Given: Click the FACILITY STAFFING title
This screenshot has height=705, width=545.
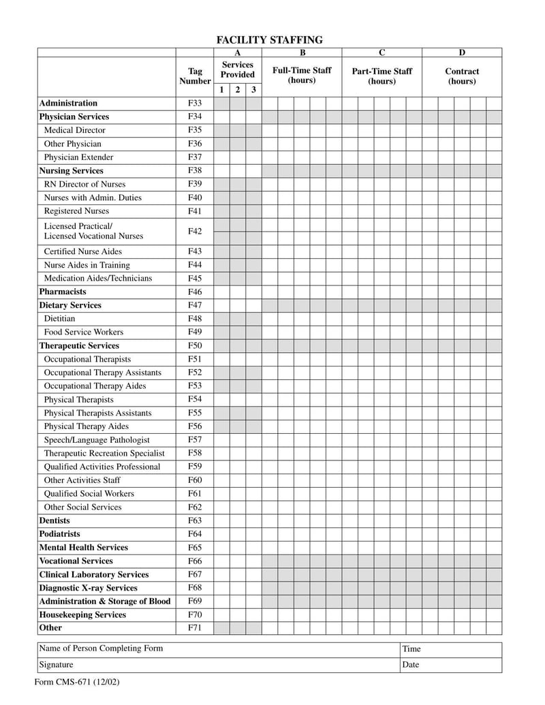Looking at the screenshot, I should pyautogui.click(x=269, y=40).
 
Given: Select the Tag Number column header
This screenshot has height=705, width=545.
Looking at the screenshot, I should pyautogui.click(x=195, y=76).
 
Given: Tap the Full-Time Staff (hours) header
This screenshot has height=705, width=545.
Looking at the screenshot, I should pyautogui.click(x=302, y=76).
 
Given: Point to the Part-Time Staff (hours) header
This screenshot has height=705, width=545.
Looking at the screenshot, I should pyautogui.click(x=381, y=76).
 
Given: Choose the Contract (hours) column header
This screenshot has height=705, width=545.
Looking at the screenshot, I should pyautogui.click(x=462, y=76).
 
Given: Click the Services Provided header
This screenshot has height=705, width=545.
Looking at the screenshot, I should pyautogui.click(x=237, y=69).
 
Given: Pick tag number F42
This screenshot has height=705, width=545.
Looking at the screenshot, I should pyautogui.click(x=195, y=232).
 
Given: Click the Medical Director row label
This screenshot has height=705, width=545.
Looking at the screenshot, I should pyautogui.click(x=75, y=130).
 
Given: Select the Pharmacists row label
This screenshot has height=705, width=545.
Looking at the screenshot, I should pyautogui.click(x=63, y=292).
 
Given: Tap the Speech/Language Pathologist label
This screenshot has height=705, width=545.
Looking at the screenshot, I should pyautogui.click(x=97, y=440).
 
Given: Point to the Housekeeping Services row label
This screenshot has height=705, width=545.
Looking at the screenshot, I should pyautogui.click(x=82, y=615).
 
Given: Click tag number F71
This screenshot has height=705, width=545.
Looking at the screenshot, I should pyautogui.click(x=195, y=628).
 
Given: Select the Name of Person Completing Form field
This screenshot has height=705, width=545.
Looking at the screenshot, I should pyautogui.click(x=218, y=649).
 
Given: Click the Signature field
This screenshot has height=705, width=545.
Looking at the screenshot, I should pyautogui.click(x=218, y=665).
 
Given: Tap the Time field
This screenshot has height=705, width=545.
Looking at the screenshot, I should pyautogui.click(x=450, y=649).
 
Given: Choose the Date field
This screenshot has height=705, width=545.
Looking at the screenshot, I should pyautogui.click(x=450, y=665).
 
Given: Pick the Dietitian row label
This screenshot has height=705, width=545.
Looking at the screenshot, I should pyautogui.click(x=60, y=319).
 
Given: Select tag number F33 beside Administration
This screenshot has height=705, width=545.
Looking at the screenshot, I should pyautogui.click(x=195, y=104).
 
